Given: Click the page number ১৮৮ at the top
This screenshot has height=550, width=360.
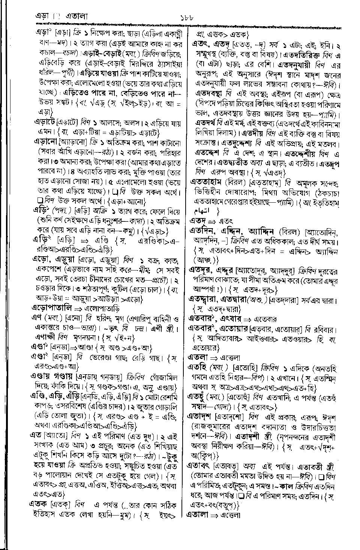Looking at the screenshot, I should click(186, 17).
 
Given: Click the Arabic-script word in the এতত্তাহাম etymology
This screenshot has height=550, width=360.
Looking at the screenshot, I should click(210, 212).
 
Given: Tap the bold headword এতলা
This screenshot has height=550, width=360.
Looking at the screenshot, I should click(197, 357).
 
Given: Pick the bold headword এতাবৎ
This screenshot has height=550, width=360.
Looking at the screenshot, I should click(199, 466).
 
